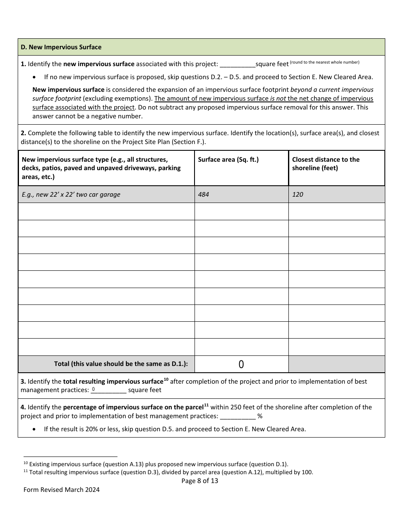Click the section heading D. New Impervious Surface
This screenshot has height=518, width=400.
[61, 47]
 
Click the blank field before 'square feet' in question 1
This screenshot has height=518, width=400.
[237, 64]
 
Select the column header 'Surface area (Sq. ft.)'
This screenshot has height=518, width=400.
[228, 160]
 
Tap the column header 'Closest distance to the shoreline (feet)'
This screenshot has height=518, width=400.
[325, 164]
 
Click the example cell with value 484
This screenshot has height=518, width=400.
[203, 195]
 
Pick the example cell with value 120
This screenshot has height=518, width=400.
[298, 195]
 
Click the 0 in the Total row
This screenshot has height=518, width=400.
[241, 365]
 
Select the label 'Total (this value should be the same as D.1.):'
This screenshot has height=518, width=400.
[121, 364]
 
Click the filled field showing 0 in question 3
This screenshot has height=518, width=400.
[108, 390]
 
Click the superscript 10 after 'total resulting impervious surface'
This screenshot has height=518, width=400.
[166, 379]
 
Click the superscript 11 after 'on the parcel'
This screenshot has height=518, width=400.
[206, 405]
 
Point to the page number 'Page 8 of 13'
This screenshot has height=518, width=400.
[200, 481]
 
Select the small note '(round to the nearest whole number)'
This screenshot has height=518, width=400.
[325, 62]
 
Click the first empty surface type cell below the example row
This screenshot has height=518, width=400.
[106, 211]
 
